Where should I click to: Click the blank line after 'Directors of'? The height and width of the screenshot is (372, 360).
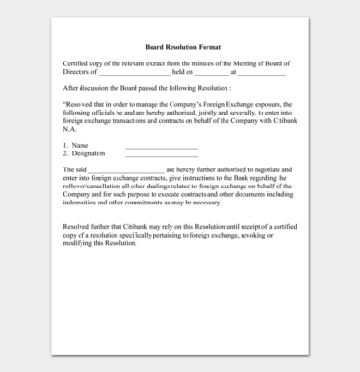pos(134,72)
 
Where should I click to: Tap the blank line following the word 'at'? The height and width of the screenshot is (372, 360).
pos(261,72)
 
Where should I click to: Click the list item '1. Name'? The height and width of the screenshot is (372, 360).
pos(75,145)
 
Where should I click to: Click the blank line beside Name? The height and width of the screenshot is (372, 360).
pos(161,146)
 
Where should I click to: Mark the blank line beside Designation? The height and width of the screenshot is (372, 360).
pos(161,154)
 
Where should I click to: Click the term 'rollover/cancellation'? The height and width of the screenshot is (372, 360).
pos(96,187)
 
